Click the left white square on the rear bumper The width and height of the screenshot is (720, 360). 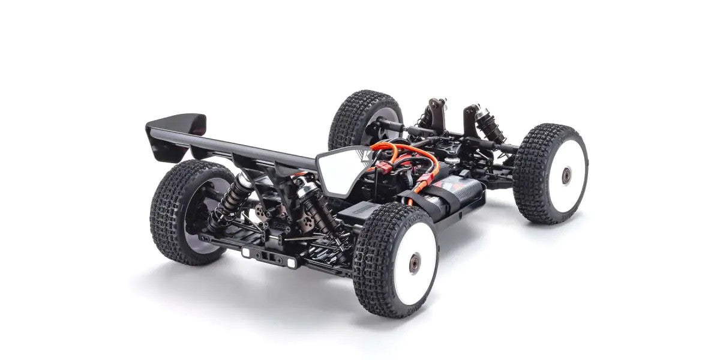(x=247, y=252)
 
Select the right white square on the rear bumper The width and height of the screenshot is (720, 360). (x=291, y=262)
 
